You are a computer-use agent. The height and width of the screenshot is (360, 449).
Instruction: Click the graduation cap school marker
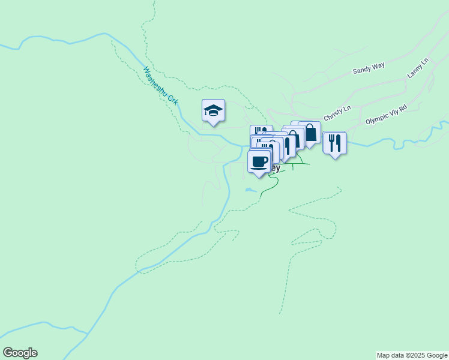213,111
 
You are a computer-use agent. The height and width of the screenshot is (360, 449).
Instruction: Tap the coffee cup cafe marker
259,162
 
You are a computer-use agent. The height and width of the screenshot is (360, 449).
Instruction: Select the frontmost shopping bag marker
310,133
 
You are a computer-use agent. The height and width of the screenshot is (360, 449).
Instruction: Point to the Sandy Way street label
369,68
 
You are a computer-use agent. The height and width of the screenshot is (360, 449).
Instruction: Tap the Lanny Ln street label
419,68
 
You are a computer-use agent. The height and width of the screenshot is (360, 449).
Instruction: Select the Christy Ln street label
337,113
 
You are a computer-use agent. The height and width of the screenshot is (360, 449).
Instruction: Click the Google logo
20,353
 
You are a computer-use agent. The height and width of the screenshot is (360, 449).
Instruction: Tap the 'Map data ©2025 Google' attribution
412,355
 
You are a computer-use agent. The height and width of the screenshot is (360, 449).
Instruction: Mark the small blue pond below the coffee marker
250,191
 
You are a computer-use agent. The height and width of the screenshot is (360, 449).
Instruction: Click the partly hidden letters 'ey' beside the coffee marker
276,168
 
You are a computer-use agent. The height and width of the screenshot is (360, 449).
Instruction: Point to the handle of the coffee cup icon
266,160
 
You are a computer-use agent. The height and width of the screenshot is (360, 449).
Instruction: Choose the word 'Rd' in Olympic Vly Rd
403,109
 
